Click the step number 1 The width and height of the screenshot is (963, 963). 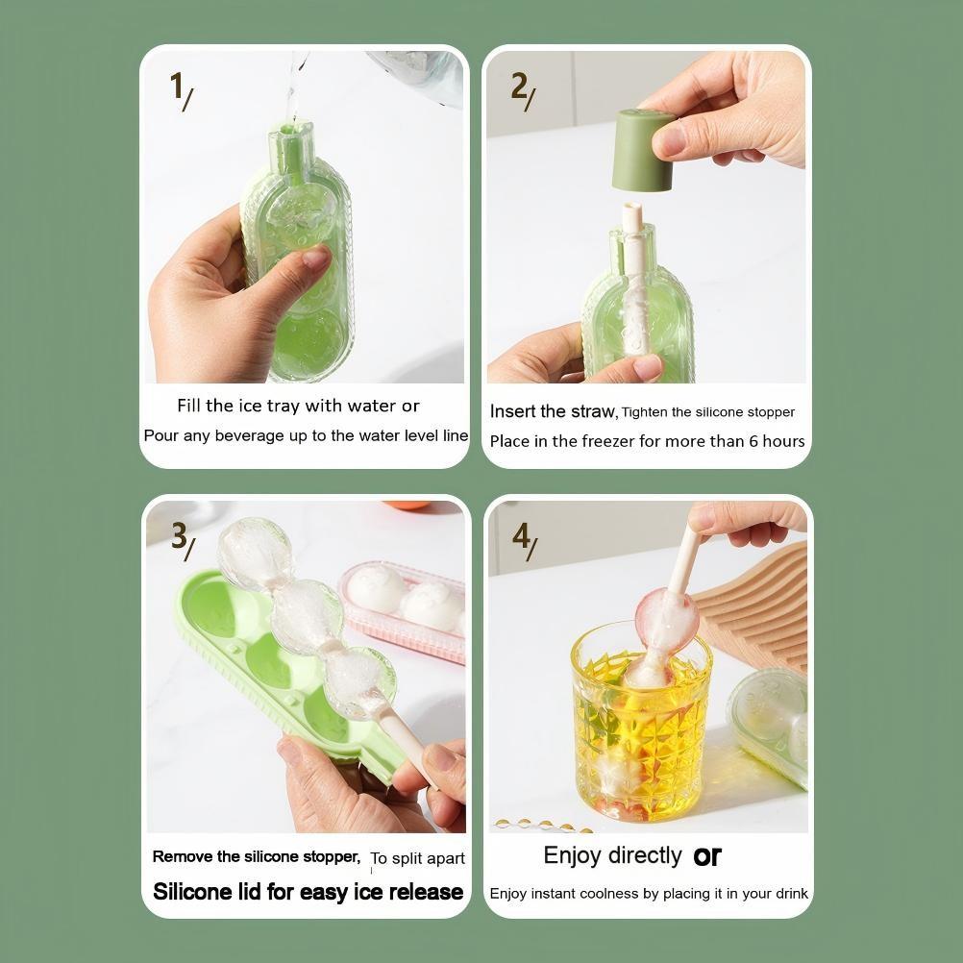tap(177, 86)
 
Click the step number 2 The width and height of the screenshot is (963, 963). tap(519, 86)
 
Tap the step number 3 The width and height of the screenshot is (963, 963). tap(179, 535)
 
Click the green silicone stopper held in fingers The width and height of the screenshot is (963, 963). tap(645, 150)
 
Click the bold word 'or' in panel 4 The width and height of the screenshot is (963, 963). tap(707, 855)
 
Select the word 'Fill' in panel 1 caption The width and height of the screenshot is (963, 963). tap(189, 406)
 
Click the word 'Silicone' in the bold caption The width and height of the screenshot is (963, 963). tap(192, 892)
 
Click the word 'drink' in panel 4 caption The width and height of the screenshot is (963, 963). tap(790, 894)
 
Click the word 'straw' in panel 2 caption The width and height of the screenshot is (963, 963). tap(592, 411)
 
